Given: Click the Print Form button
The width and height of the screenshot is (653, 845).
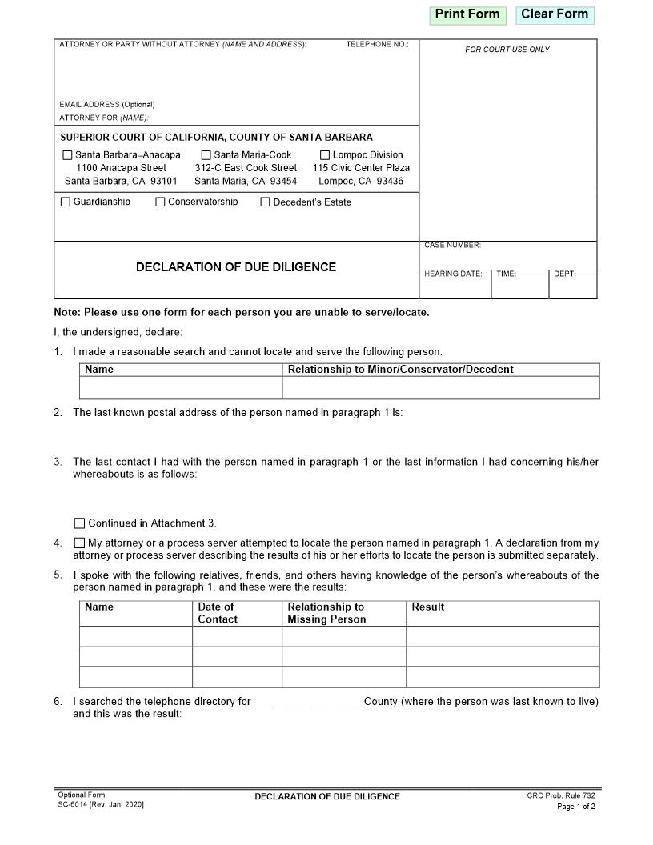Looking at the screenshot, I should point(467,14).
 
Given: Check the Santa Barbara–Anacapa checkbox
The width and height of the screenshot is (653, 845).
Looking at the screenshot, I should point(68,155).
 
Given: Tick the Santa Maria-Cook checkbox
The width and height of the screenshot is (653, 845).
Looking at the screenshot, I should point(206,155).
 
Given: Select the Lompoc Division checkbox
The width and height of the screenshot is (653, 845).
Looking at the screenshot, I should point(325,155).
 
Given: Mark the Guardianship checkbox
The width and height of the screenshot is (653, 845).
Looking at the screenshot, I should point(66,202).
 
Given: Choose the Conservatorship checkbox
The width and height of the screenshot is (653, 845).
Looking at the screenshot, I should point(160,202).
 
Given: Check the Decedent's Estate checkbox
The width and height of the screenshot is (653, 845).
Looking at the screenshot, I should point(265,202).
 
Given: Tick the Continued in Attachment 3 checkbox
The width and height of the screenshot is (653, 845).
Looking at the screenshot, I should point(79,523).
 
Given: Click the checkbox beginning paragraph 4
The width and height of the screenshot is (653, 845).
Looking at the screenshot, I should point(79,543).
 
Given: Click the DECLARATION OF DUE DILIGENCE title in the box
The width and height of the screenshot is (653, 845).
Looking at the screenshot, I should point(236,267).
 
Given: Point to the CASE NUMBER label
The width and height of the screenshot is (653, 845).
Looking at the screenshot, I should point(452,246).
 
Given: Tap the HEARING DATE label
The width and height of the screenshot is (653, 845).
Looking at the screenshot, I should point(453,274).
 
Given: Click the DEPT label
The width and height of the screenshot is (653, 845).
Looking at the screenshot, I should point(564,274).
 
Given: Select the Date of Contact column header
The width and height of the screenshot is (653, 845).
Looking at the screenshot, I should point(217,613).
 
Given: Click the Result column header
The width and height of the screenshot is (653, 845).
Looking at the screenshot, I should point(428,607).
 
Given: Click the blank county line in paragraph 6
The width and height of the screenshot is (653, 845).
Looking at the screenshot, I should point(307,703).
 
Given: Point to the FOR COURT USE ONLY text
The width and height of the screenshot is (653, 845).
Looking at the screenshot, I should point(507,50).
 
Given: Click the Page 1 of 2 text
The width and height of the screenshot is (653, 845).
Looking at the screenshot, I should point(575,807).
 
